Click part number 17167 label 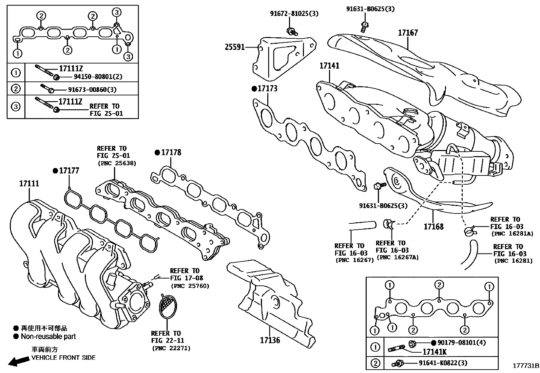pos(408,33)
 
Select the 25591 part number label pos(235,47)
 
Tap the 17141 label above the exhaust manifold pos(329,66)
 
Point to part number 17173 pos(267,89)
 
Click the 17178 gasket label pos(171,152)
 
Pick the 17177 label pos(69,171)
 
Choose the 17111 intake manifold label pos(29,184)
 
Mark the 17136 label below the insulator pos(270,340)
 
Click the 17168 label pos(433,226)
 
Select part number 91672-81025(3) pos(294,14)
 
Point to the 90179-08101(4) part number pos(462,343)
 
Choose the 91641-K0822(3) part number pos(443,363)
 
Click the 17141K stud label pos(435,352)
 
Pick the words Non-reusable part pos(48,337)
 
